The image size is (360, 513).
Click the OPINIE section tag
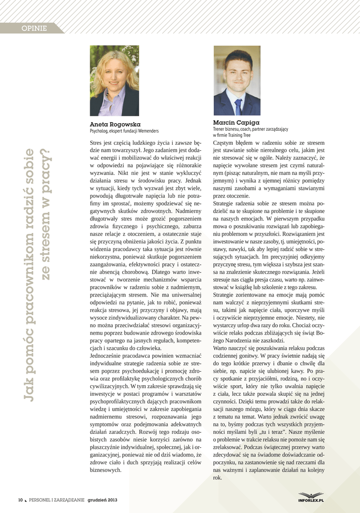point(34,29)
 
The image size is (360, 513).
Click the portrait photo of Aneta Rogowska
point(114,81)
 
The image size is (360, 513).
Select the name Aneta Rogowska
point(115,124)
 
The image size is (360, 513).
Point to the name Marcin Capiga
point(236,122)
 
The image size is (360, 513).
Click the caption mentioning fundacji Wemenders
point(124,131)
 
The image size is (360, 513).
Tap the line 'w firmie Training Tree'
point(231,135)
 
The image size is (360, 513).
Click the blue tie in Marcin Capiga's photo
point(238,106)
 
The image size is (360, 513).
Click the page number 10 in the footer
point(21,500)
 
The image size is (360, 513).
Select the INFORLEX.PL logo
point(311,497)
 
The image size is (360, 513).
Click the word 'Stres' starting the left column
point(96,143)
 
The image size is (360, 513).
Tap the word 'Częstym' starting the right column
point(223,143)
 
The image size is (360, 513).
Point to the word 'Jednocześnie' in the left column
point(106,356)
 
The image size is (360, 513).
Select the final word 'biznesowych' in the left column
point(105,470)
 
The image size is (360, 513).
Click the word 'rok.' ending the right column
point(217,477)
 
